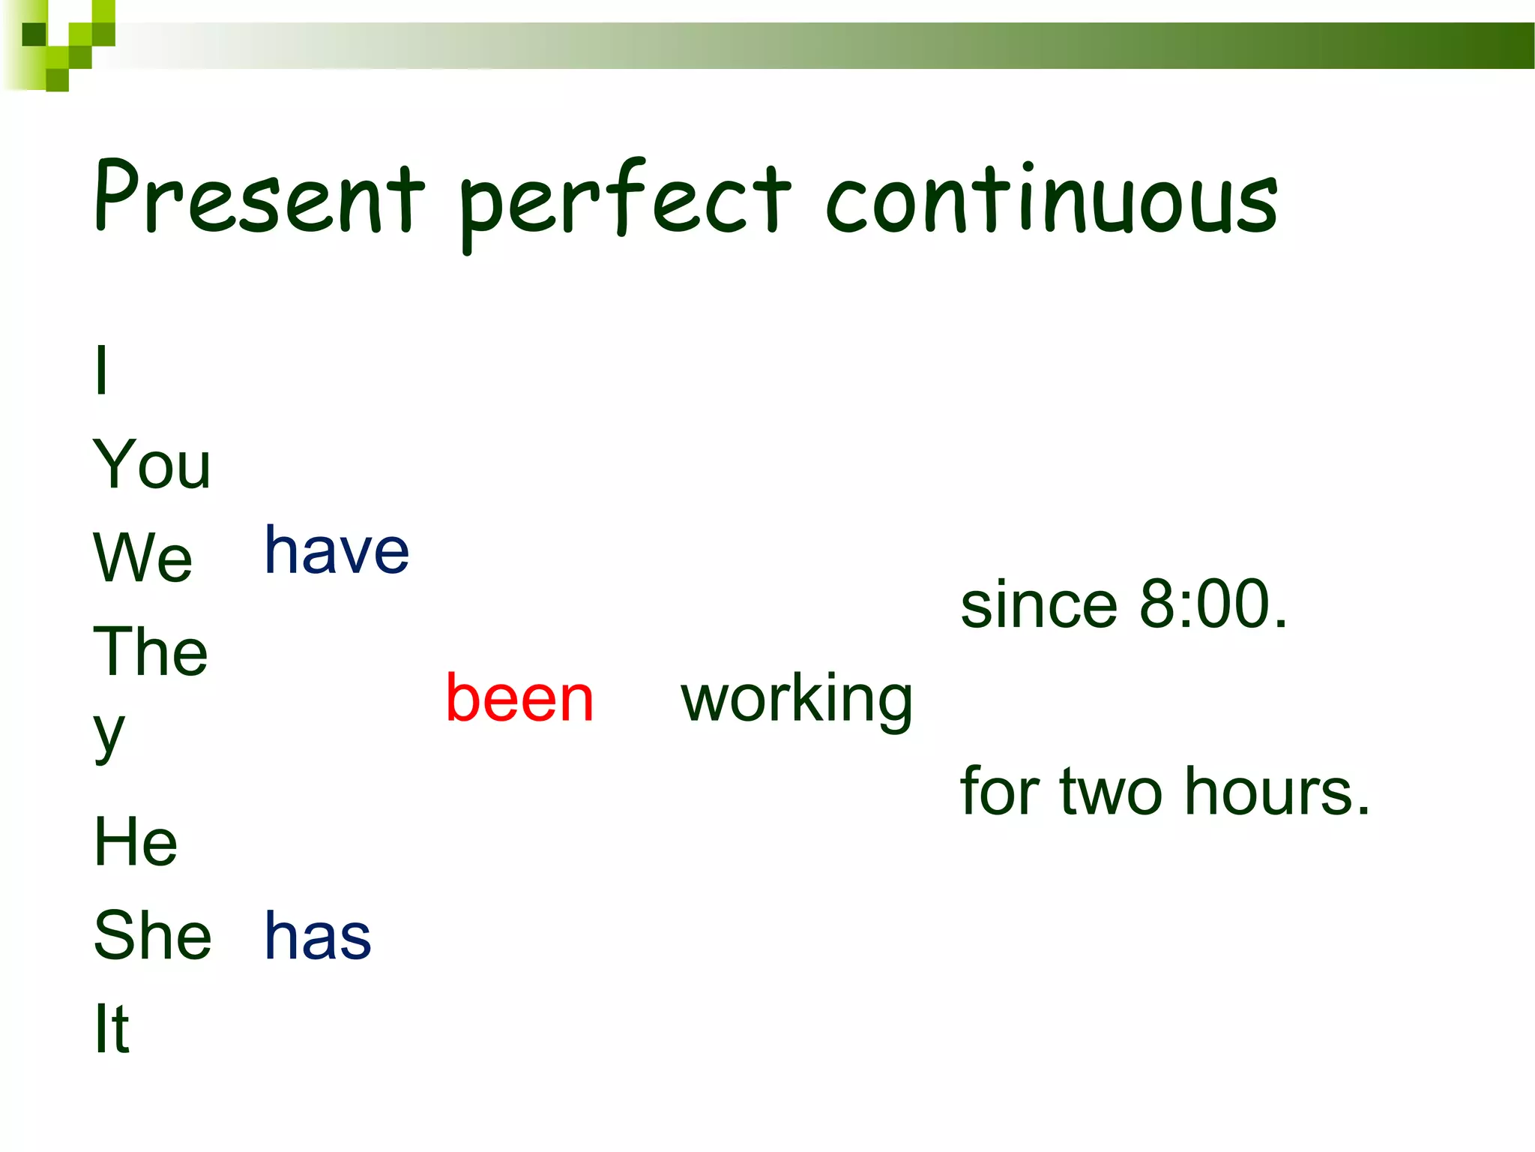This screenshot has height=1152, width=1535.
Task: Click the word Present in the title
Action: [x=259, y=196]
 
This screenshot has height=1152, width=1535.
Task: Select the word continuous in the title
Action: [x=1051, y=199]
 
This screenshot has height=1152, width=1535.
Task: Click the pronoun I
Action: [x=102, y=370]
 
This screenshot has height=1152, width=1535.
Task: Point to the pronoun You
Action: [x=152, y=464]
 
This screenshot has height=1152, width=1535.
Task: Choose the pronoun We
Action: [x=142, y=557]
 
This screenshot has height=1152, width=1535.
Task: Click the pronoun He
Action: [x=136, y=842]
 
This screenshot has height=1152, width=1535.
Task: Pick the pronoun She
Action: [x=153, y=935]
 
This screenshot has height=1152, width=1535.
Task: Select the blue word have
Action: [x=337, y=551]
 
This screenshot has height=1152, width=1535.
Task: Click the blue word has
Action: [x=318, y=936]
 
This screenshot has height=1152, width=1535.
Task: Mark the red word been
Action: [x=519, y=698]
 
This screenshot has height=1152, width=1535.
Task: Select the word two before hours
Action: [x=1111, y=792]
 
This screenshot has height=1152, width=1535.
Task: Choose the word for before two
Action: [x=999, y=792]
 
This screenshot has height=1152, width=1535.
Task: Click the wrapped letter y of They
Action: [x=109, y=733]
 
